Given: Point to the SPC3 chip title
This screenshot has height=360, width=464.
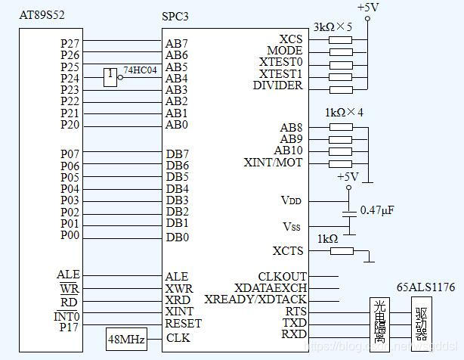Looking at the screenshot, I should click(x=176, y=17).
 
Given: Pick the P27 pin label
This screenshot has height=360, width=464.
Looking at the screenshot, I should click(x=70, y=44).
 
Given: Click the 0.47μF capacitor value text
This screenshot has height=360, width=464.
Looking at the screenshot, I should click(x=379, y=209).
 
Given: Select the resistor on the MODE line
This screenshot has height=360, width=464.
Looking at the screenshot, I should click(x=342, y=51).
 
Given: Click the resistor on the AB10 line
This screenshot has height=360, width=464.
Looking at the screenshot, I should click(x=342, y=151).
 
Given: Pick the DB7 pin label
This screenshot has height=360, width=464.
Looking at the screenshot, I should click(x=177, y=154).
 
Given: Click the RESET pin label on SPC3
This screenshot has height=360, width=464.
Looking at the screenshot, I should click(x=182, y=323).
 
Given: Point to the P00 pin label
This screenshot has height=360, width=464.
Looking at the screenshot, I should click(x=70, y=235).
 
